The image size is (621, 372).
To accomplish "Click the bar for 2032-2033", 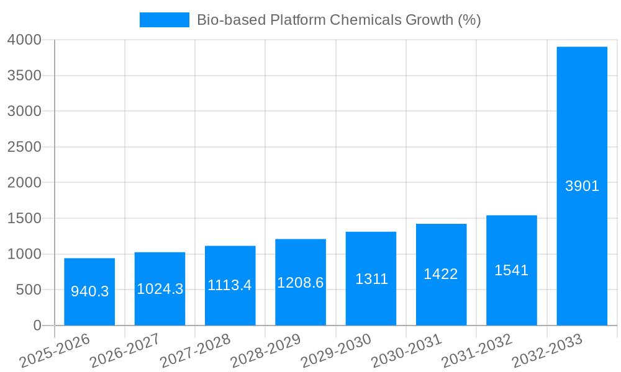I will click(582, 186).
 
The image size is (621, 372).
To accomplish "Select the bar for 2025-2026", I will click(89, 291).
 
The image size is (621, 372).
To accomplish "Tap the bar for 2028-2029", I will click(301, 282).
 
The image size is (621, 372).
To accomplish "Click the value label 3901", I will click(582, 186).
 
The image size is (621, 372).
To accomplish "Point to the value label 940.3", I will click(89, 291).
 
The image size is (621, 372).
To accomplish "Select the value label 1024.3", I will click(160, 289).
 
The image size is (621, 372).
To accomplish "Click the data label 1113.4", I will click(230, 285).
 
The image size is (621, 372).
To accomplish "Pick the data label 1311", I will click(371, 279).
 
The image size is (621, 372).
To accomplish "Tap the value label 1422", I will click(441, 274).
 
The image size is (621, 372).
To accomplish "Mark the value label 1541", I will click(511, 270).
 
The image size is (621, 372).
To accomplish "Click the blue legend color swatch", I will click(164, 20).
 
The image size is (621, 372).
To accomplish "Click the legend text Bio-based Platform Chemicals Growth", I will click(338, 20).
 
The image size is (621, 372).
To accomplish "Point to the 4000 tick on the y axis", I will click(24, 40).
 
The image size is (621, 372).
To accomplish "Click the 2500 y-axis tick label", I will click(24, 147).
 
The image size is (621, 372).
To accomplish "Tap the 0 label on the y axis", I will click(37, 325).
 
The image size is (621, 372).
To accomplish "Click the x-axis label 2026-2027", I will click(125, 350).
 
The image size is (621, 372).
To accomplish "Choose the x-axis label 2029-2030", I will click(336, 350).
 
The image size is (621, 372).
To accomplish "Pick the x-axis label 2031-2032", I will click(477, 350).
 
